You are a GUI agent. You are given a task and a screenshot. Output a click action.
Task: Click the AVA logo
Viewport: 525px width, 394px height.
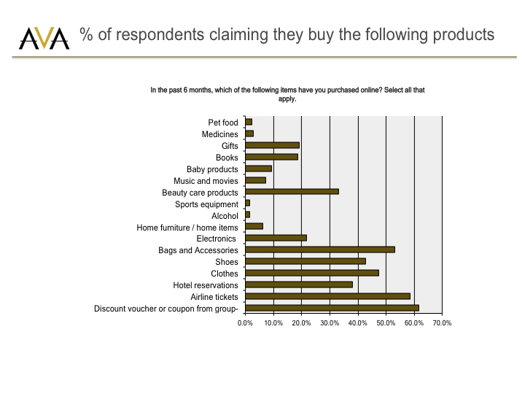point(44,38)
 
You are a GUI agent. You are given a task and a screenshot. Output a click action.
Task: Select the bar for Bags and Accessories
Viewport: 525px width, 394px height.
point(320,250)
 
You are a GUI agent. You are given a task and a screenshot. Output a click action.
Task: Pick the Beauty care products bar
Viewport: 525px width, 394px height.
point(292,192)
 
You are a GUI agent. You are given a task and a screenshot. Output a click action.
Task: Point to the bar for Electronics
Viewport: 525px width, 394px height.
point(276,238)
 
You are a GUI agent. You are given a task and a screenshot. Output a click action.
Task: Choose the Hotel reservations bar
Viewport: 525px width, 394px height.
point(299,285)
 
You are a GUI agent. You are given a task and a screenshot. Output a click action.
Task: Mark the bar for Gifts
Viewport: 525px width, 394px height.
point(273,145)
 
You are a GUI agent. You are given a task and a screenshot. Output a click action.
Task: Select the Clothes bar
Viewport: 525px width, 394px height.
point(312,273)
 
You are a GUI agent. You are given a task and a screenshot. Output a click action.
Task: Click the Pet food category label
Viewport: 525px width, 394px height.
point(223,123)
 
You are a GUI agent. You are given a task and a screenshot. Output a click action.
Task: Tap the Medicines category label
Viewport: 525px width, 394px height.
point(220,134)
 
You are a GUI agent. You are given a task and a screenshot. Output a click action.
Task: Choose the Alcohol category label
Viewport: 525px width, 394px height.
point(225,216)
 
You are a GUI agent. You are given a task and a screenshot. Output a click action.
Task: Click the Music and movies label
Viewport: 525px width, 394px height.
point(206,181)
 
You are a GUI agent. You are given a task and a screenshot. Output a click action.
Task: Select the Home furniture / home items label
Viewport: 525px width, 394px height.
point(187,228)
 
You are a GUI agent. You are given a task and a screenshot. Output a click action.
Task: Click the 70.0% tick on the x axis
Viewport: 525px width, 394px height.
point(443,322)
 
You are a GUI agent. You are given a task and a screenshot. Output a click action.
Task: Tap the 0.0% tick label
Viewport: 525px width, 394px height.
point(246,322)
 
